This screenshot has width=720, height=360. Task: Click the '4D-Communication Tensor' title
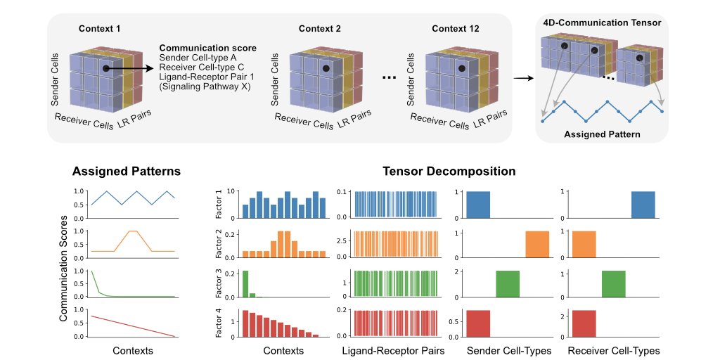point(602,23)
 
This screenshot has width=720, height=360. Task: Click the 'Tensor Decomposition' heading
point(449,171)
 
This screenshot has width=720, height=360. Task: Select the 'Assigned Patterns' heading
point(127,171)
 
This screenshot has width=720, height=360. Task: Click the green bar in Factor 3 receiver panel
point(613,284)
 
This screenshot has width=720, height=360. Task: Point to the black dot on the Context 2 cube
point(326,69)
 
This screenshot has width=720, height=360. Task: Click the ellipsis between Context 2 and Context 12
point(390,78)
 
